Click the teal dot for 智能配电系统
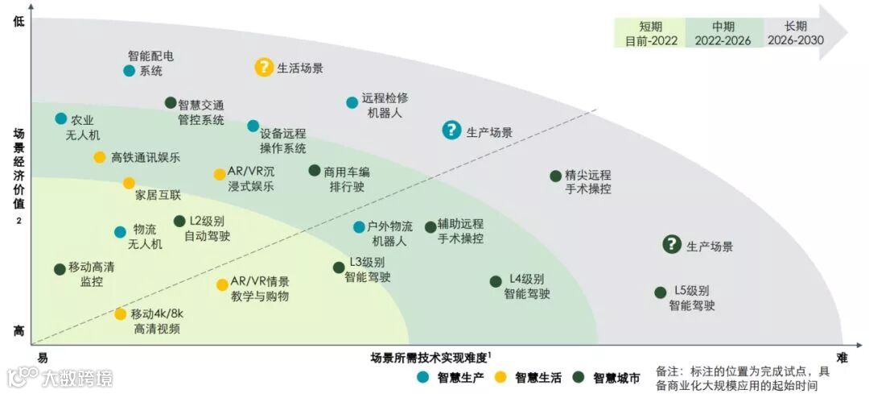click(129, 70)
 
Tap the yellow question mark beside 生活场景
click(264, 68)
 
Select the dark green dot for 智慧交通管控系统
click(171, 102)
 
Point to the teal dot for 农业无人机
click(61, 118)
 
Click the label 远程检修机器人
click(384, 105)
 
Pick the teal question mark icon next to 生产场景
click(452, 130)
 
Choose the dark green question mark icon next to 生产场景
click(672, 244)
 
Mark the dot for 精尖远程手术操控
click(555, 176)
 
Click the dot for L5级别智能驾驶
click(661, 292)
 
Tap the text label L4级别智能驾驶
click(527, 286)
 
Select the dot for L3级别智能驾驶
click(339, 268)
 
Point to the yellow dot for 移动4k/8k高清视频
click(120, 313)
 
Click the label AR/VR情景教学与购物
click(259, 288)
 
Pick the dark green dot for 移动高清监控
click(60, 268)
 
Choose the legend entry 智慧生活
click(531, 376)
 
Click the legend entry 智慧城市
click(609, 376)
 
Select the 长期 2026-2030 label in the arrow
click(796, 33)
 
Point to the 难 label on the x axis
click(842, 357)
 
